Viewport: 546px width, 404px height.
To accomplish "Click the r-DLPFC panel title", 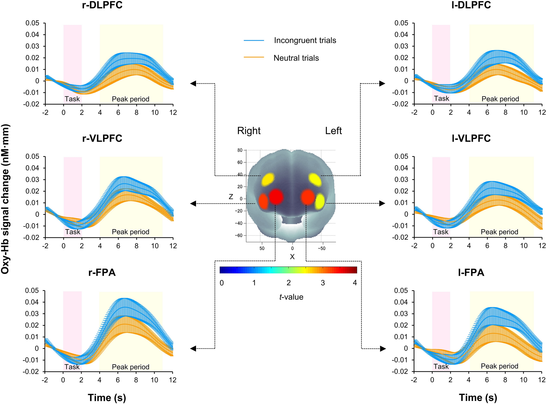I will (x=102, y=5).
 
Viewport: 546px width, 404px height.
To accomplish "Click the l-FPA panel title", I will (x=471, y=272).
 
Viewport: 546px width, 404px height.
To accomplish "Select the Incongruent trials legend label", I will (x=305, y=40).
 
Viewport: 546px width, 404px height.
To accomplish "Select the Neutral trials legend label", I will (x=296, y=58).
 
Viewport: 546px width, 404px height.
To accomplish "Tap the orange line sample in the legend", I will (x=254, y=57).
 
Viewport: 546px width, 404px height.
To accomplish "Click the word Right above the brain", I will (x=249, y=131).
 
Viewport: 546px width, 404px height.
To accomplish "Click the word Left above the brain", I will (x=333, y=131).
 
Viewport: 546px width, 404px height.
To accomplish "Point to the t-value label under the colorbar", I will (x=291, y=297).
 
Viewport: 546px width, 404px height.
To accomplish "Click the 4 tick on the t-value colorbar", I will (x=355, y=283).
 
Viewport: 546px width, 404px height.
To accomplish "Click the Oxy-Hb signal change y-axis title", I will (x=6, y=199).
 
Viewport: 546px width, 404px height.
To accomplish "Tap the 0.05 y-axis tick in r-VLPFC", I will (x=32, y=156).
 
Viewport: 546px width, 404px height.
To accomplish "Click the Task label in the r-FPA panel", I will (x=72, y=367).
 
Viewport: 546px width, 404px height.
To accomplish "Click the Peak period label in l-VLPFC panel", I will (x=499, y=232).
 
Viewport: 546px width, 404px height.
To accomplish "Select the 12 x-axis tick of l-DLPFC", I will (x=542, y=112).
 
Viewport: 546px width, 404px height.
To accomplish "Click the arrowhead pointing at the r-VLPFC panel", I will (x=193, y=204).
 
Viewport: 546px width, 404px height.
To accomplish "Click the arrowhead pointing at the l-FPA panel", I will (x=383, y=349).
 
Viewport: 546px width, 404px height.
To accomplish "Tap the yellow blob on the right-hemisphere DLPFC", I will (x=268, y=179).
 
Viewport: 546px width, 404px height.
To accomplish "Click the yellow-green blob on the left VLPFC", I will (x=320, y=201).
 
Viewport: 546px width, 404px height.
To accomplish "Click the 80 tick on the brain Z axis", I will (x=240, y=150).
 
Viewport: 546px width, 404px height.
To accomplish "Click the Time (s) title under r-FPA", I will (x=107, y=398).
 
